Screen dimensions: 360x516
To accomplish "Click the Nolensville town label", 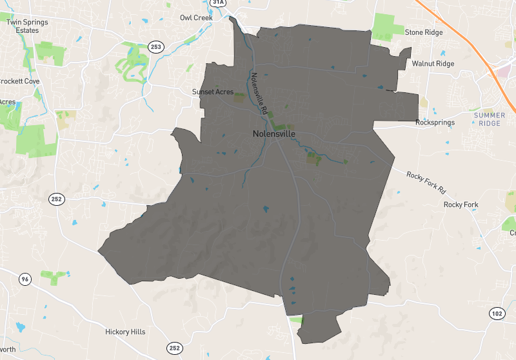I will tap(273, 134).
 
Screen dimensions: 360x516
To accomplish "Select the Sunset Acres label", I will tap(212, 92).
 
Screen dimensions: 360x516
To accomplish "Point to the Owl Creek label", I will tap(195, 17).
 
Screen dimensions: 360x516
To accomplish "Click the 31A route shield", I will tap(219, 3).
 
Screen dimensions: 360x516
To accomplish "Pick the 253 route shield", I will tap(155, 46).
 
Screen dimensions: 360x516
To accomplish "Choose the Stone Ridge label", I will tap(422, 32).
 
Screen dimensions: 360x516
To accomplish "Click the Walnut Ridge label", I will tap(433, 64).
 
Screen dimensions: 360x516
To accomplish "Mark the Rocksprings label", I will tap(435, 122).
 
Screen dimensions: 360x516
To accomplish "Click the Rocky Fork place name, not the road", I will tap(461, 205).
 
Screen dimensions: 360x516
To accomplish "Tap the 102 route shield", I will tap(495, 313).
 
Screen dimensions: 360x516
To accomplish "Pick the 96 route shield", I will tap(25, 279).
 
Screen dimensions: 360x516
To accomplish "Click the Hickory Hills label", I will tap(125, 332).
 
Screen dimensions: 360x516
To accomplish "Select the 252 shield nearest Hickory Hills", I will tap(174, 348).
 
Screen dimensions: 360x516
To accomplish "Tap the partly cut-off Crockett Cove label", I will tap(19, 81).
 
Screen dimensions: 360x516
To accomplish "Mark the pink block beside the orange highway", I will tap(503, 70).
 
